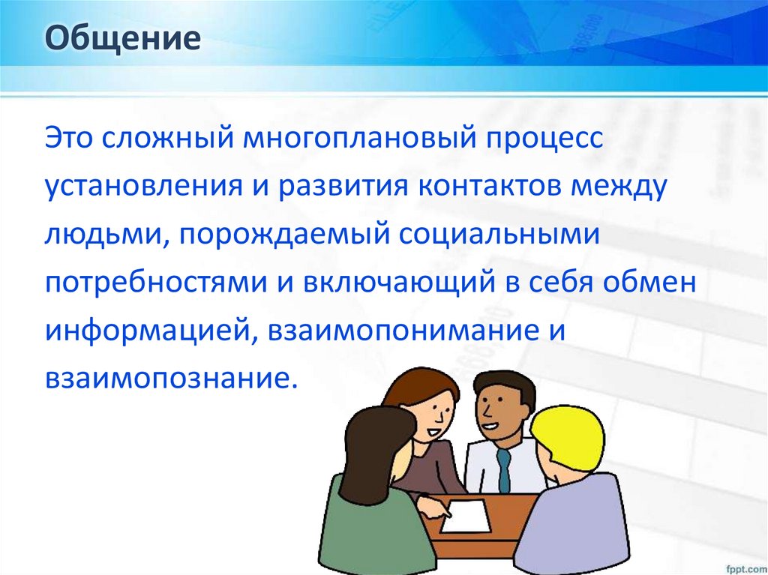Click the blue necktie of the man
pyautogui.click(x=504, y=469)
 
